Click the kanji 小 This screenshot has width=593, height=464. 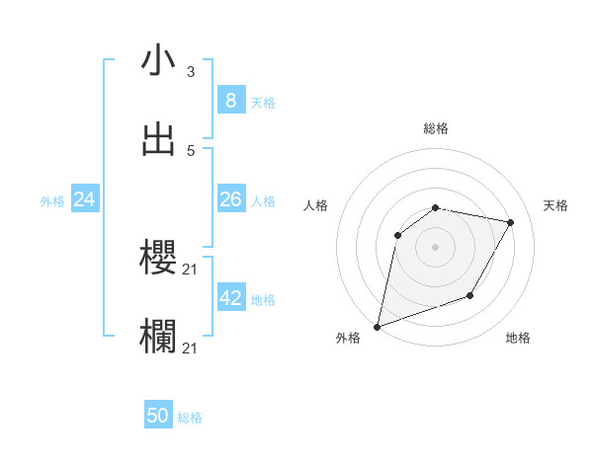point(159,60)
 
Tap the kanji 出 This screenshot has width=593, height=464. point(159,139)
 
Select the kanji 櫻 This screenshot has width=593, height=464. point(159,258)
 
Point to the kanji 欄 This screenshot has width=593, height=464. point(159,337)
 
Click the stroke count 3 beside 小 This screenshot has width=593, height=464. point(191,71)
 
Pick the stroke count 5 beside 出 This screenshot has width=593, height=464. point(191,150)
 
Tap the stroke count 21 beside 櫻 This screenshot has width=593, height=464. point(192,269)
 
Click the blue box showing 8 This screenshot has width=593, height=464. point(230,100)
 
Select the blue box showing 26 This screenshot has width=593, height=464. point(230,199)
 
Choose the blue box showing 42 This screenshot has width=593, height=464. point(230,298)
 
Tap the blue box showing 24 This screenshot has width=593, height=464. point(85,199)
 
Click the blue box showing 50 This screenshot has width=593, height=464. point(158,416)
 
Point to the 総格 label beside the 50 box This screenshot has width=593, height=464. point(191,418)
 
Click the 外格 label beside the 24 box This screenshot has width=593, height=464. point(52,201)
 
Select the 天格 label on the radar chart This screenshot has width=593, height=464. point(556,205)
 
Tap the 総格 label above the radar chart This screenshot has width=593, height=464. point(436,128)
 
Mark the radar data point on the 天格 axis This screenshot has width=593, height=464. point(511,223)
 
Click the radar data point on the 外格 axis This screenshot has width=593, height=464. point(377,326)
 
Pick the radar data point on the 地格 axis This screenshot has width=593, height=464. point(470,295)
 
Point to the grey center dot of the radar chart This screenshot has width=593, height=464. point(436,247)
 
